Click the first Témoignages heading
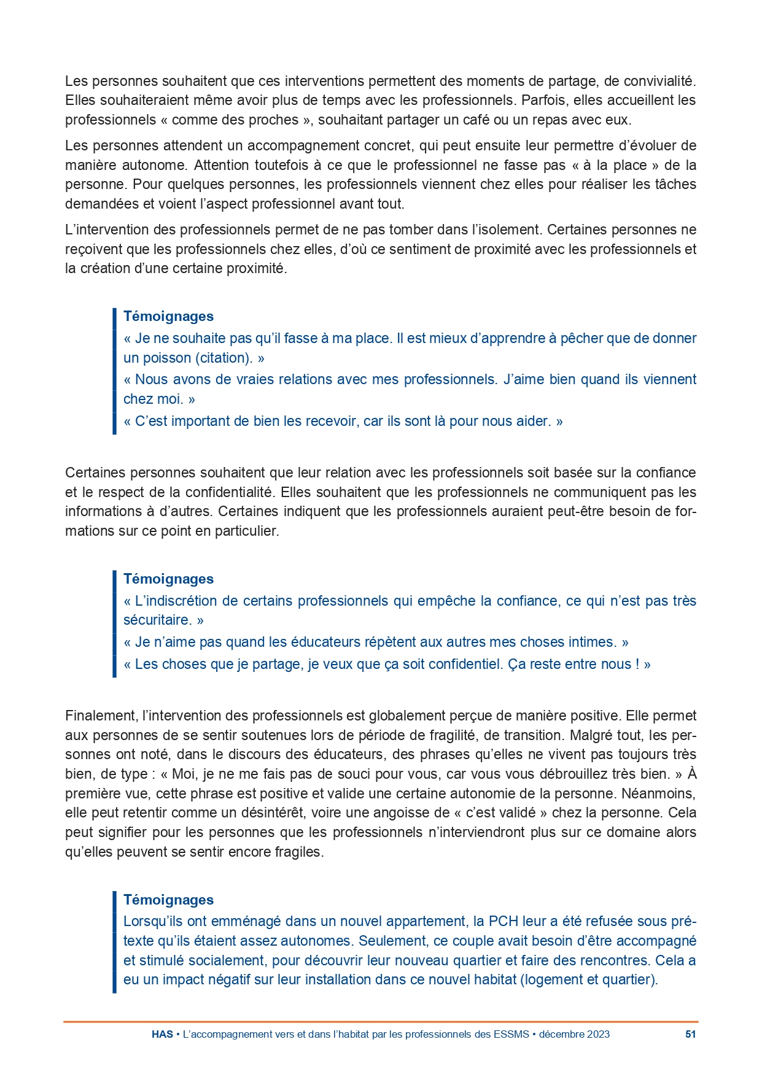point(168,317)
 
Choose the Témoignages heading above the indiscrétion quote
point(168,579)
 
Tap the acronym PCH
point(503,921)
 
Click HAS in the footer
point(162,1034)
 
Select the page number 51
point(690,1034)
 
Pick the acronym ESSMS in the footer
point(511,1034)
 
